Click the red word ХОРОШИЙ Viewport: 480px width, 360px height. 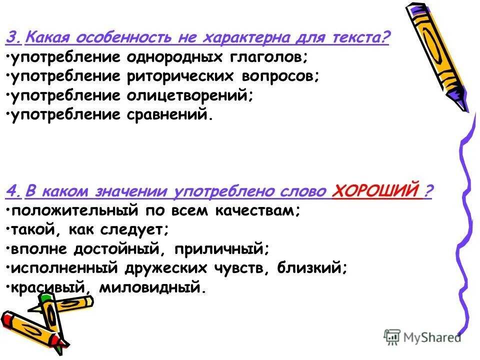[x=375, y=191]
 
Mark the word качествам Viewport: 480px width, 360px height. [x=257, y=210]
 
